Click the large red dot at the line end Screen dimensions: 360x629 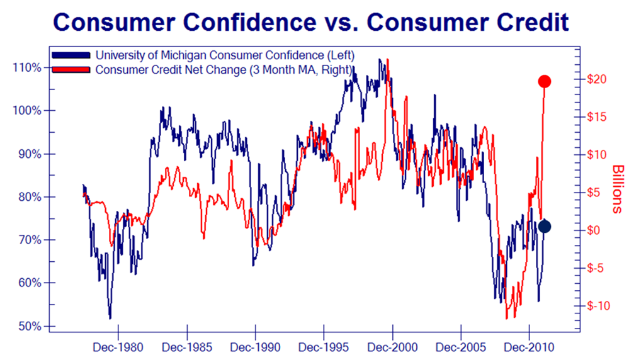545,81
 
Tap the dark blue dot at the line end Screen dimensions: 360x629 545,227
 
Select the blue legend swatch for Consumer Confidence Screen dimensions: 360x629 72,55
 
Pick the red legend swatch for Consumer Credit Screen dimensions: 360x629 72,69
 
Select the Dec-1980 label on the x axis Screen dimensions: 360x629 118,346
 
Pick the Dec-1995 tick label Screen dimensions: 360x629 324,346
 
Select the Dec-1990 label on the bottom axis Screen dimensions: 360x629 255,346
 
